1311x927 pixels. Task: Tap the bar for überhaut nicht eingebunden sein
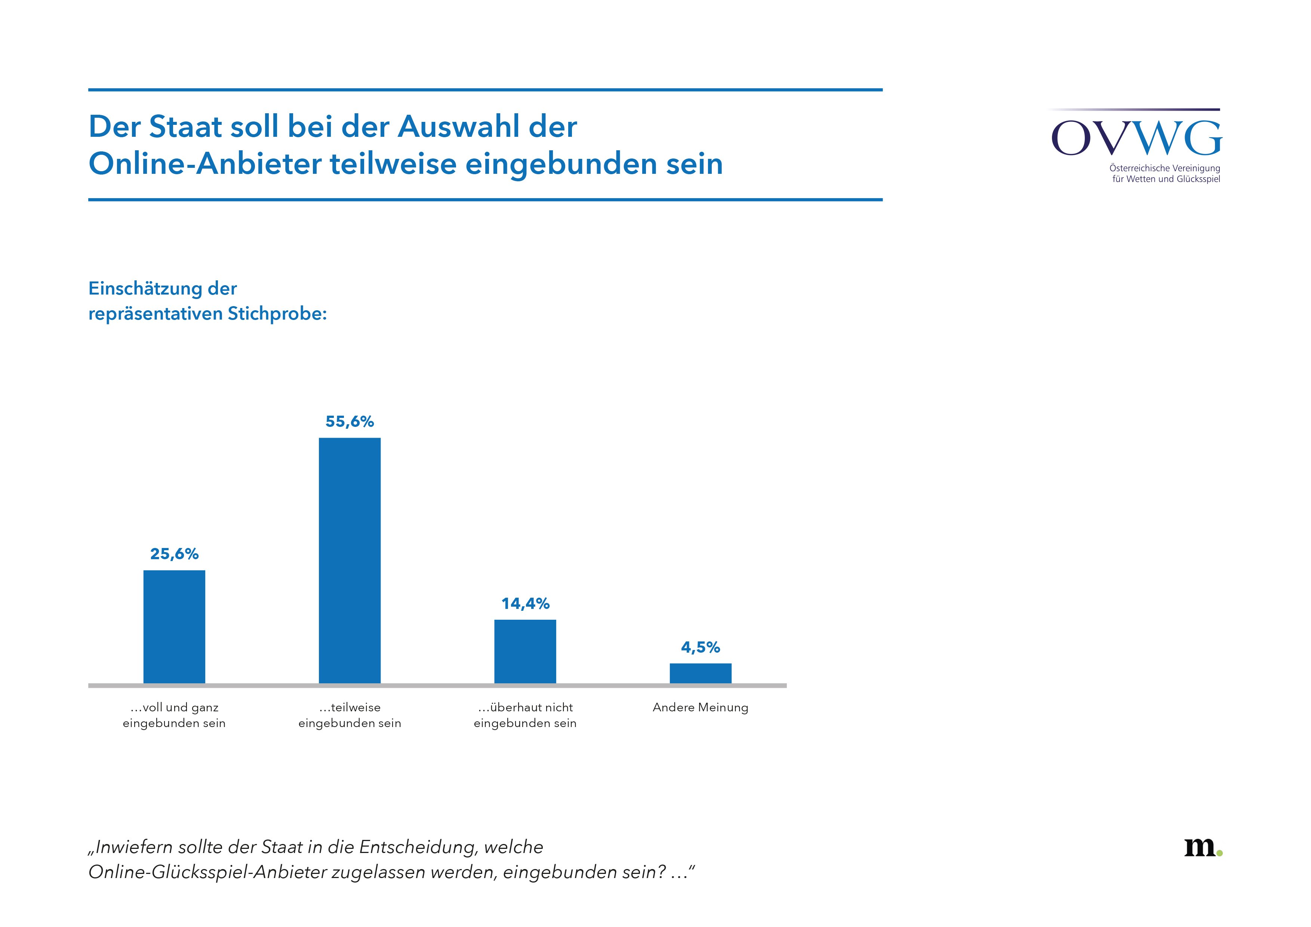tap(525, 651)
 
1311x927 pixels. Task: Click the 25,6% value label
tap(174, 554)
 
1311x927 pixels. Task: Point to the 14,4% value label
tap(525, 603)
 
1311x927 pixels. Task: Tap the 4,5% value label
tap(700, 647)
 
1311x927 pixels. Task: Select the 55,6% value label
tap(350, 421)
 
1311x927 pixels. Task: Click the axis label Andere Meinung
tap(700, 707)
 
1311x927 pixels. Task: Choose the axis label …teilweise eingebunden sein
tap(350, 715)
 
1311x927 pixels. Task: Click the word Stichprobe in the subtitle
tap(277, 314)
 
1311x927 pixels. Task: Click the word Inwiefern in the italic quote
tap(132, 847)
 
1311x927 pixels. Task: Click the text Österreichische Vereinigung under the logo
tap(1164, 168)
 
